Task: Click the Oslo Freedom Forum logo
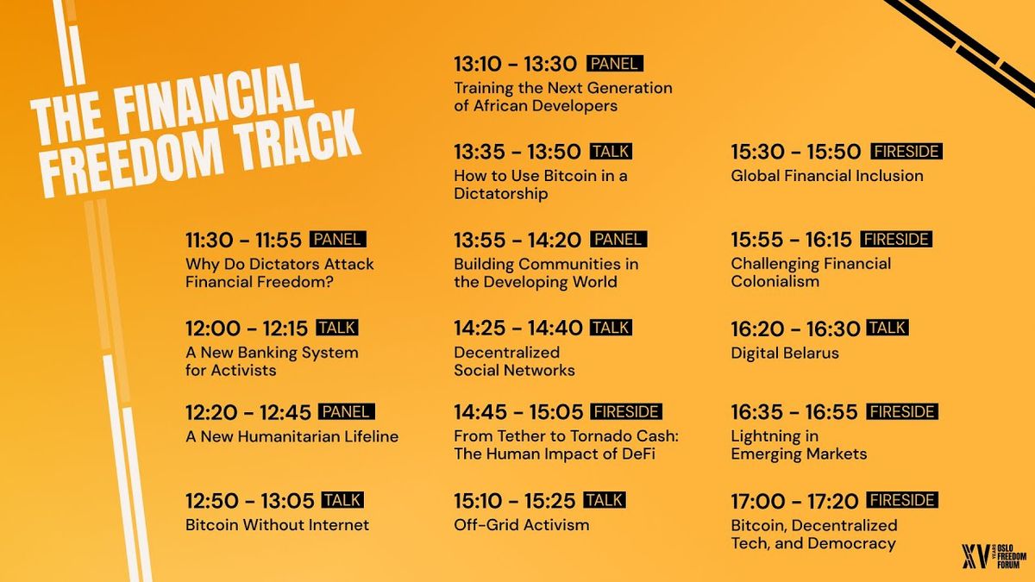point(994,555)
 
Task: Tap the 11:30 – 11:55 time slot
point(243,241)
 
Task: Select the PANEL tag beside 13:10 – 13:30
point(615,63)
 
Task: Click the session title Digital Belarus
point(785,353)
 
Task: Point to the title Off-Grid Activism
point(522,525)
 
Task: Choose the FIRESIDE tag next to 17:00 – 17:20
point(902,500)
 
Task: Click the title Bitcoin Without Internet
point(277,525)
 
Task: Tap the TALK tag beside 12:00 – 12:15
point(337,328)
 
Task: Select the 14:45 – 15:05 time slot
point(518,412)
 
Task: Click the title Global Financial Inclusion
point(827,176)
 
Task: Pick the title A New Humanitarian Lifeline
point(292,436)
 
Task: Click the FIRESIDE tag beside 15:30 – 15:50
point(906,152)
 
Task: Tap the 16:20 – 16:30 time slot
point(795,329)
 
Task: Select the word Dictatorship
point(501,193)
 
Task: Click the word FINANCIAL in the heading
point(212,103)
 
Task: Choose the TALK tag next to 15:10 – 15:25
point(605,500)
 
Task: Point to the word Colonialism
point(775,281)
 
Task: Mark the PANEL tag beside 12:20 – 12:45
point(347,411)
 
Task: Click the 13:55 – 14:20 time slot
point(517,241)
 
